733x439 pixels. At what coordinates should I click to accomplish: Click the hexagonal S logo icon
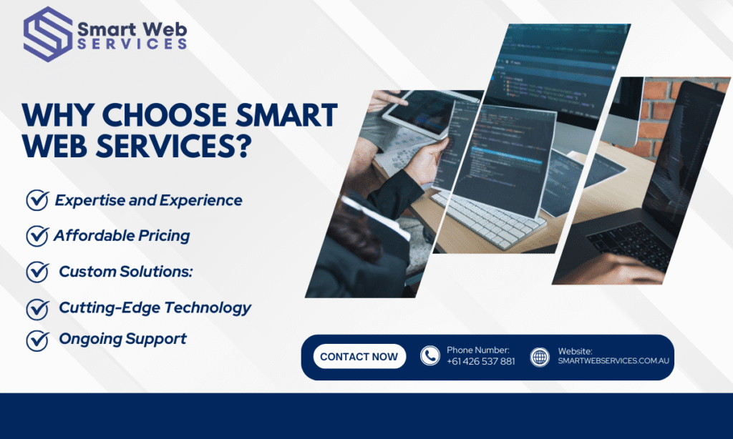pyautogui.click(x=47, y=34)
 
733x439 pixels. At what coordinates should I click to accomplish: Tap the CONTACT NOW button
pyautogui.click(x=359, y=357)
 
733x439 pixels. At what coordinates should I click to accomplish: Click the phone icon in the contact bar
pyautogui.click(x=430, y=356)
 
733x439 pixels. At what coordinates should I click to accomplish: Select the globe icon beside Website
pyautogui.click(x=540, y=357)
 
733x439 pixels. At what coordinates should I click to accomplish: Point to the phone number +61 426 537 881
pyautogui.click(x=480, y=362)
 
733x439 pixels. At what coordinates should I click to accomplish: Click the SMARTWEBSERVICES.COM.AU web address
pyautogui.click(x=613, y=362)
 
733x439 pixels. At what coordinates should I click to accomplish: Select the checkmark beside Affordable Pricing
pyautogui.click(x=37, y=235)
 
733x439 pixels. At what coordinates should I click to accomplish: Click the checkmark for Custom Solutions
pyautogui.click(x=37, y=272)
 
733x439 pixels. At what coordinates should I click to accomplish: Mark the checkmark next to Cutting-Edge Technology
pyautogui.click(x=37, y=308)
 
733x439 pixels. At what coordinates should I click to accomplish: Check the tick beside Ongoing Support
pyautogui.click(x=37, y=340)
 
